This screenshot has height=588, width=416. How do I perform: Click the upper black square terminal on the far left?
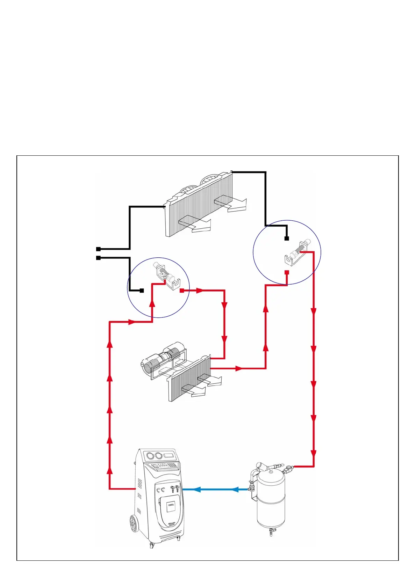coord(99,249)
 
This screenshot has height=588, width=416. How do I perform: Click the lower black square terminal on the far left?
coord(99,258)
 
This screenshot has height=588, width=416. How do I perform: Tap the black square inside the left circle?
coord(142,291)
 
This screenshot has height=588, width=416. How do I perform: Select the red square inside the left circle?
coord(181,290)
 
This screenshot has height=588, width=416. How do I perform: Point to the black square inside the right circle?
coord(287,238)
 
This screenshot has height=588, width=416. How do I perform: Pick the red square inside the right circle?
coord(287,272)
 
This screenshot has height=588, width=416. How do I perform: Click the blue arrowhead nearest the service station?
coord(196,489)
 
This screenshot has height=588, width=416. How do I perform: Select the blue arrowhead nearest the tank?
coord(235,489)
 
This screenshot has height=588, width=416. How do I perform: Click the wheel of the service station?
coord(134,523)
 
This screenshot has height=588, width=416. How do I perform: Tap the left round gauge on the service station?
coord(151,456)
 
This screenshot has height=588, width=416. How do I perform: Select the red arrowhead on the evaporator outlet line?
coord(239,368)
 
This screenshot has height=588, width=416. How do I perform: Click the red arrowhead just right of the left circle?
coord(200,290)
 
